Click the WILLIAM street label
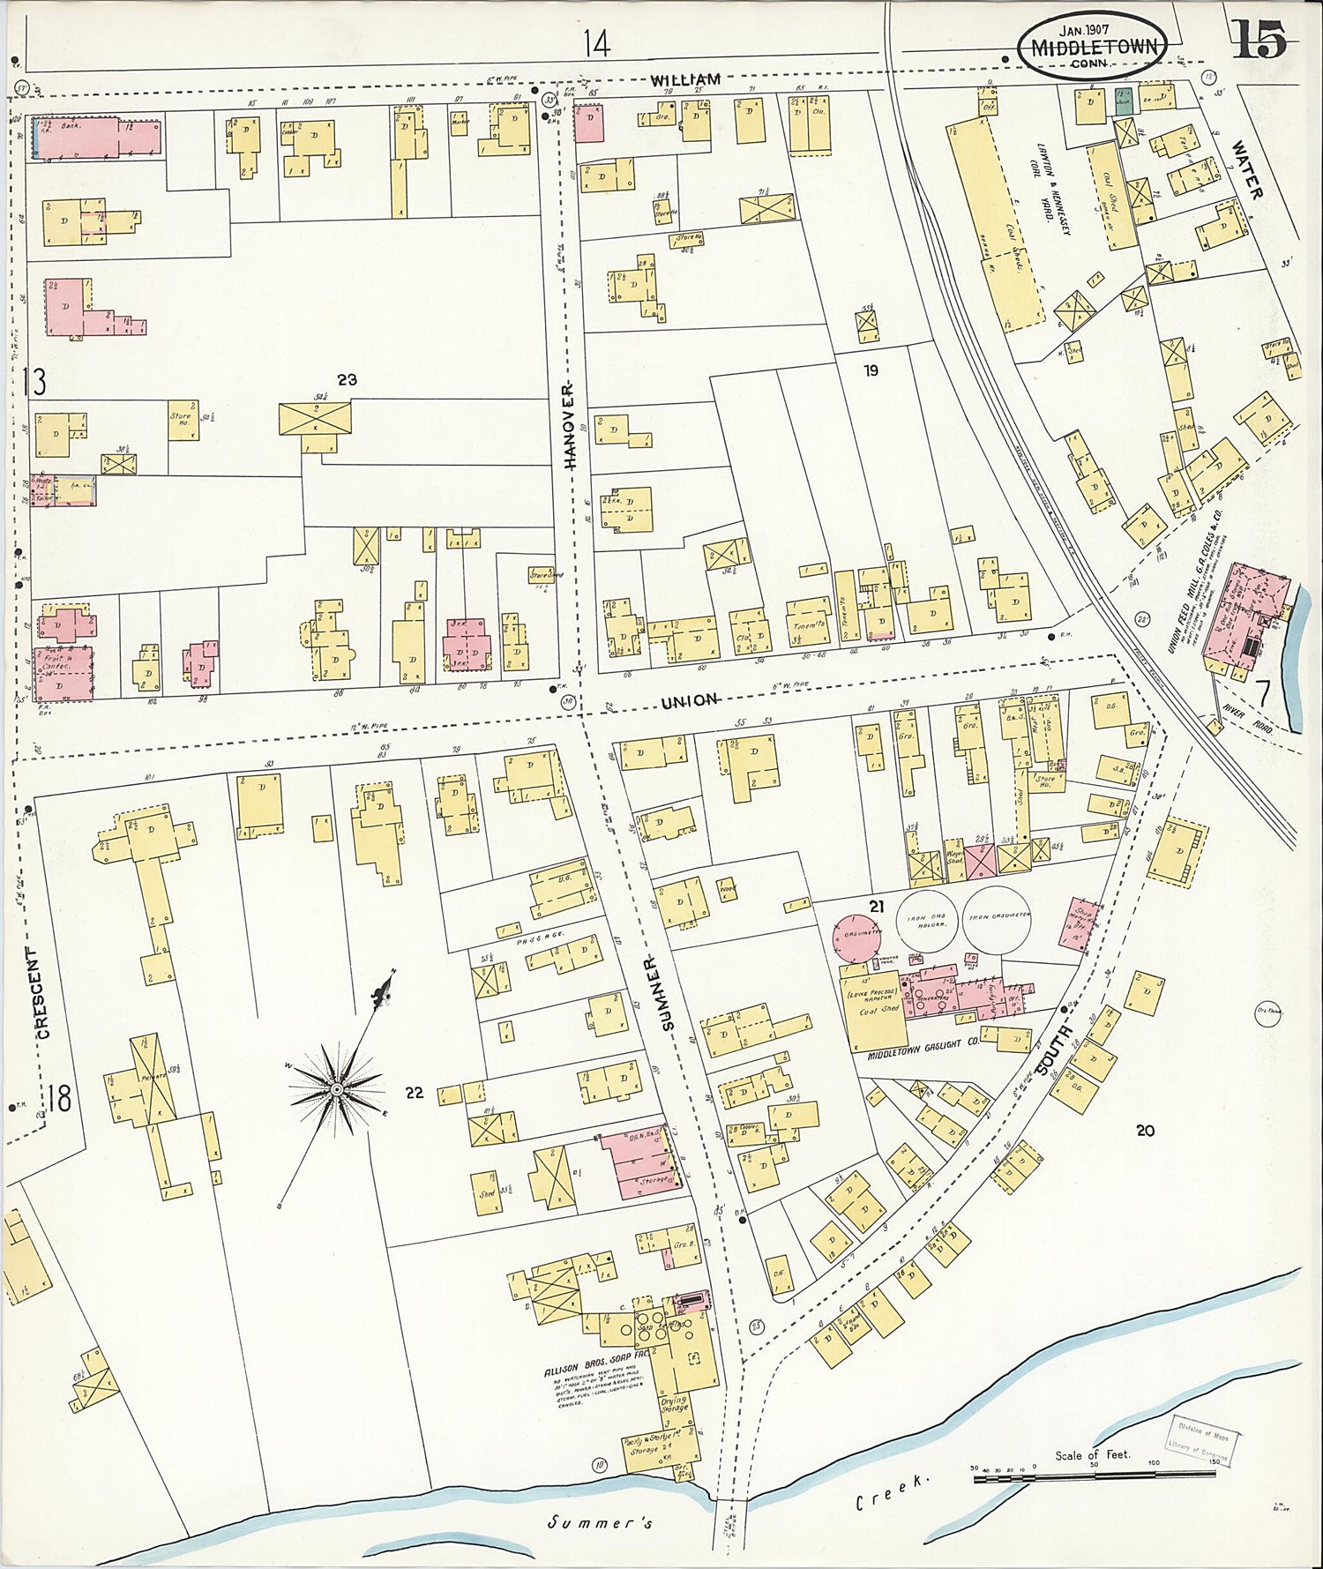pos(686,79)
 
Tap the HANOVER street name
pos(569,425)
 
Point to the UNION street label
pos(690,699)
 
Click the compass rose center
pos(337,1089)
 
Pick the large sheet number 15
pos(1258,40)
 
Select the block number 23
pos(347,379)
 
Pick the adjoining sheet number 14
pos(596,43)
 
